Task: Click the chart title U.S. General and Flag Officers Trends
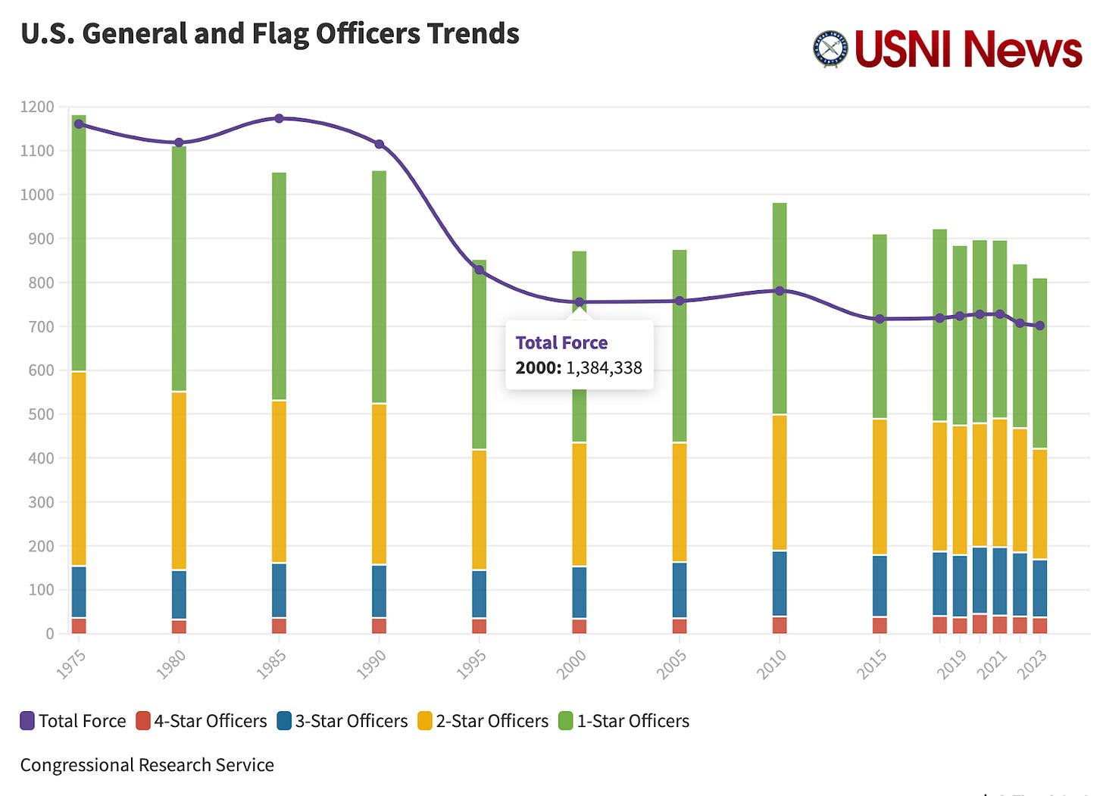[270, 34]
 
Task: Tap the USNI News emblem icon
[830, 49]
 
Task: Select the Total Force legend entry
[73, 721]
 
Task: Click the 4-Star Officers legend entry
[202, 721]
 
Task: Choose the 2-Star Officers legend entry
[483, 721]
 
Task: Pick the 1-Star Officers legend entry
[624, 721]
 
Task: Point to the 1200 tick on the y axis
[37, 107]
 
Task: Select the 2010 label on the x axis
[771, 664]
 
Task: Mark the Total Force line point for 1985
[279, 118]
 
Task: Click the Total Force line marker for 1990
[380, 144]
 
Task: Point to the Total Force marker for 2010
[780, 291]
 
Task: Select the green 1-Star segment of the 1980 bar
[179, 269]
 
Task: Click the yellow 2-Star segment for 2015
[880, 487]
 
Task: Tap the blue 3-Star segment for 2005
[680, 590]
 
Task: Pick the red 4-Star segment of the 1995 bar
[480, 626]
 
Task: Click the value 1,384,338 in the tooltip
[604, 368]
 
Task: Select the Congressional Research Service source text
[147, 765]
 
